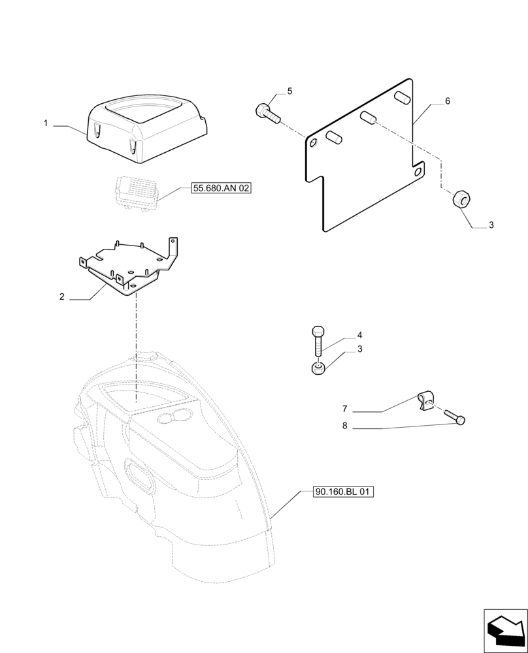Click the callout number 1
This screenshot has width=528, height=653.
tap(46, 123)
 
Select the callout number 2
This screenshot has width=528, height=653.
tap(62, 296)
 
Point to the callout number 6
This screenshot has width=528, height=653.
tap(448, 101)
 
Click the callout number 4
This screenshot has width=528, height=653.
tap(359, 335)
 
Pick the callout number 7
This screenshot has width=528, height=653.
tap(344, 409)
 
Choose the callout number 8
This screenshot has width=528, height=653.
tap(344, 428)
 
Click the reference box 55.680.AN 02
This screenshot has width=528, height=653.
tap(222, 188)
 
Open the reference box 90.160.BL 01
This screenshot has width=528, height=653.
tap(343, 492)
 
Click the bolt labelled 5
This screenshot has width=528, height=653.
tap(267, 112)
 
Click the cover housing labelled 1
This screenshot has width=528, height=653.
tap(147, 127)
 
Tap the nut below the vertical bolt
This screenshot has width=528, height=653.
tap(318, 370)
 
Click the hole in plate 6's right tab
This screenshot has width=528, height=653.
tap(418, 172)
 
